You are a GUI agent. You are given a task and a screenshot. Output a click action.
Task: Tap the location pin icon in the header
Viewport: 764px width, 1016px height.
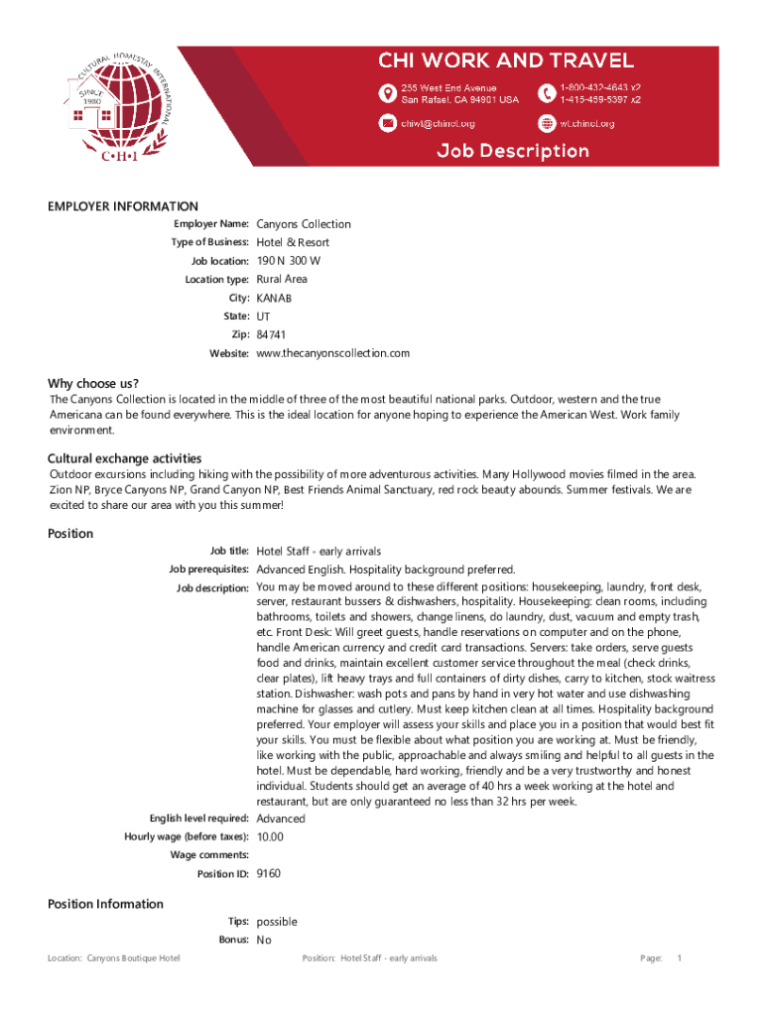[x=388, y=93]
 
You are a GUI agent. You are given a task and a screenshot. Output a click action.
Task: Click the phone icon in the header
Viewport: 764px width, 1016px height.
[x=547, y=93]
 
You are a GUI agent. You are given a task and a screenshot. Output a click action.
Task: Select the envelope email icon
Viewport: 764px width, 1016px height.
[x=388, y=123]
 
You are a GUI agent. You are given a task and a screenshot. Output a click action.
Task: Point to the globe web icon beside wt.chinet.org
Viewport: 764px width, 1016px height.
[x=547, y=123]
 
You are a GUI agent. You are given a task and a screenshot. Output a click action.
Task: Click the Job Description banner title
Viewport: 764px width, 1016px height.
[x=514, y=151]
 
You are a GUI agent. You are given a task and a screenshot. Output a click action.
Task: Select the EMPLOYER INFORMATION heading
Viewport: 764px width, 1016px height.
[x=123, y=206]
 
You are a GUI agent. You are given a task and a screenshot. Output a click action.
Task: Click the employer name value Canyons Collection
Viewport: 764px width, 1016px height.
[x=304, y=224]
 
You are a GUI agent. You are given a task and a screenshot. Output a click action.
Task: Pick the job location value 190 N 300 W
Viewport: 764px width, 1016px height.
[x=289, y=261]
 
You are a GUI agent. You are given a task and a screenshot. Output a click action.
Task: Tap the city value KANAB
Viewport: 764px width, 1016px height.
[x=275, y=298]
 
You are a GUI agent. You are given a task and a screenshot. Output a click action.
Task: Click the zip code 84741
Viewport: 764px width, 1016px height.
[x=271, y=334]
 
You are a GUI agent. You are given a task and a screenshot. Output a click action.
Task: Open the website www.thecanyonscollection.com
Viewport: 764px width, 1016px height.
[x=332, y=353]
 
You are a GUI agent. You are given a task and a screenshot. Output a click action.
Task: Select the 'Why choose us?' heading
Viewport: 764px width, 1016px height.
[x=93, y=384]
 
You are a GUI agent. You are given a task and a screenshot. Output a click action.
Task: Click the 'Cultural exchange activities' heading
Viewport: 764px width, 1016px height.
[x=125, y=458]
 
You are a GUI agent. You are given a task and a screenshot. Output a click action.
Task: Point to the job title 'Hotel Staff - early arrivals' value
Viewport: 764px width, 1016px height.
[x=318, y=551]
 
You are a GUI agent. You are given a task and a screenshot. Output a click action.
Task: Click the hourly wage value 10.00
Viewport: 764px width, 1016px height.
[x=270, y=836]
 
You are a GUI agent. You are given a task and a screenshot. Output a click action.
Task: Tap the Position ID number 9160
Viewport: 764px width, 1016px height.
[x=269, y=874]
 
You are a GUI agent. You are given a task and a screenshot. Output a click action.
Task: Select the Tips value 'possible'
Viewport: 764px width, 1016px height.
[x=277, y=922]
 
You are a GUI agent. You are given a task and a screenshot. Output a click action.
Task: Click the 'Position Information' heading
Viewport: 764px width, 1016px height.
[x=106, y=904]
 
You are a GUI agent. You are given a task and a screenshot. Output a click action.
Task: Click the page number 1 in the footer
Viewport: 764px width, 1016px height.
[x=679, y=958]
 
